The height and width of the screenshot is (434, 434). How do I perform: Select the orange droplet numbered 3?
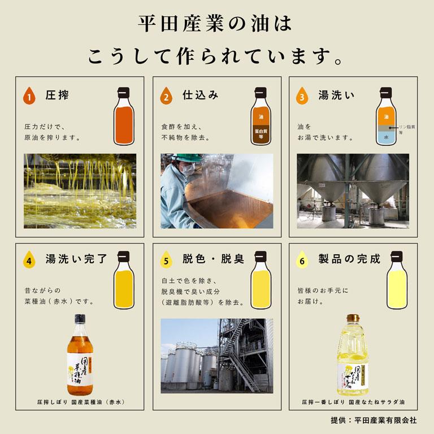coord(302,96)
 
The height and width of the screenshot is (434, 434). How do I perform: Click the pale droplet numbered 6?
coord(302,261)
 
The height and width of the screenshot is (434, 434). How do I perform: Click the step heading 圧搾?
coord(57,96)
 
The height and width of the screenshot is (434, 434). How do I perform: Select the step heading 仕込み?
coord(200,96)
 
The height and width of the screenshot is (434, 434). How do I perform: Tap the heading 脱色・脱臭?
coord(212,259)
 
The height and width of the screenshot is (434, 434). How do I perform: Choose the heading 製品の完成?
coord(349,259)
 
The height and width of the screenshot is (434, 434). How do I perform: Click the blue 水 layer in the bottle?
coord(385,137)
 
